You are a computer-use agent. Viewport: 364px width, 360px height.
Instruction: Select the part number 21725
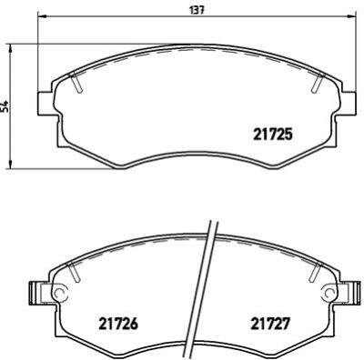pos(270,135)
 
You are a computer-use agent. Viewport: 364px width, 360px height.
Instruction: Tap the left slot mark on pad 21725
pos(77,83)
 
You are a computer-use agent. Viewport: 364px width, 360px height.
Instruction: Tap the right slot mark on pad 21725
pos(316,83)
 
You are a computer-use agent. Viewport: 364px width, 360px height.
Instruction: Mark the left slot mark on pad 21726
pos(77,273)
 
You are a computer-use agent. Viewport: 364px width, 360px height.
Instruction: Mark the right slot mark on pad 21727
pos(315,273)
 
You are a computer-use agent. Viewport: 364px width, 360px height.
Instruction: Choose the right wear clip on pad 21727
pos(349,293)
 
